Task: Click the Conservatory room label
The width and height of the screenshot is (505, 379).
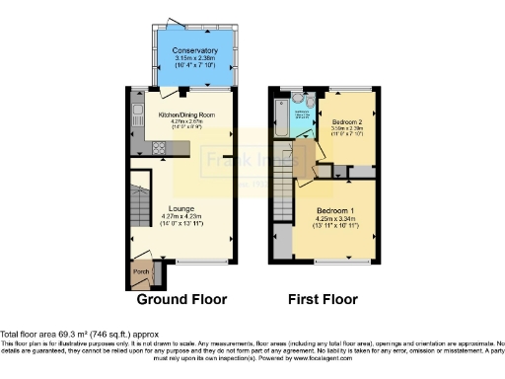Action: pyautogui.click(x=193, y=50)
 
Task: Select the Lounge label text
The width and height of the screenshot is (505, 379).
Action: pyautogui.click(x=180, y=208)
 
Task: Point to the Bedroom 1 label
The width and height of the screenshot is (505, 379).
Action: pyautogui.click(x=335, y=211)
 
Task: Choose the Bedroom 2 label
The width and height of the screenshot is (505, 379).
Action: pyautogui.click(x=345, y=121)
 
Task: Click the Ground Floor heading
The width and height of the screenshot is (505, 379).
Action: pyautogui.click(x=180, y=299)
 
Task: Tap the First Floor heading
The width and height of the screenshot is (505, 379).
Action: pyautogui.click(x=323, y=299)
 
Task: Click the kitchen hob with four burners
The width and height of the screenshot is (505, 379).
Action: pyautogui.click(x=158, y=149)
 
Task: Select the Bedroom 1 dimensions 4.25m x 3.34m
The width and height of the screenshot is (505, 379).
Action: pyautogui.click(x=335, y=224)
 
